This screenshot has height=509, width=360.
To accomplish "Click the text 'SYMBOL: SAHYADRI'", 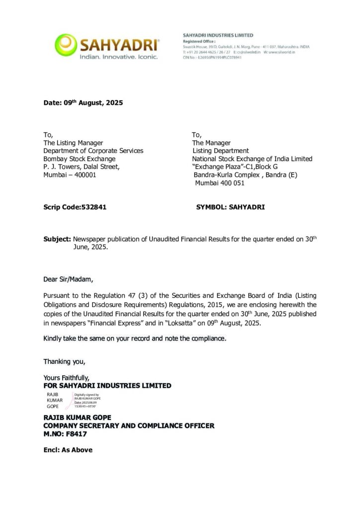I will click(x=231, y=207).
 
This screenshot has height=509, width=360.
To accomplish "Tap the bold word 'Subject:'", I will click(x=57, y=239).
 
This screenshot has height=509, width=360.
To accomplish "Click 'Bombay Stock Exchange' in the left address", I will click(x=79, y=159).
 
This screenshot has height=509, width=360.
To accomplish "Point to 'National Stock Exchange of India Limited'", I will click(x=252, y=159).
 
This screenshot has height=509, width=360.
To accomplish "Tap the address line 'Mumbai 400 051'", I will click(x=219, y=183).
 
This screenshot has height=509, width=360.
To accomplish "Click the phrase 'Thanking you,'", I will click(x=64, y=361).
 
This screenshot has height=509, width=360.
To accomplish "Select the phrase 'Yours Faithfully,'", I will click(x=66, y=378).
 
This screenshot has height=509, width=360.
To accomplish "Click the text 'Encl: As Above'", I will click(x=68, y=450).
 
